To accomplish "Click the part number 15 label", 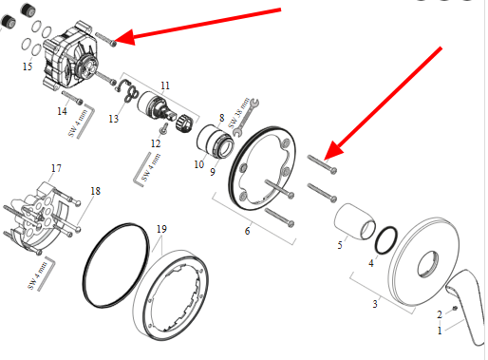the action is tap(28, 66).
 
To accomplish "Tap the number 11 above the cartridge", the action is tap(165, 85).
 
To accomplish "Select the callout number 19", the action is tap(161, 229).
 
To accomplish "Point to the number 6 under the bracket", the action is tap(247, 231).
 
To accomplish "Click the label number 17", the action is tap(56, 168).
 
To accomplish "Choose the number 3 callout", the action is tap(375, 304).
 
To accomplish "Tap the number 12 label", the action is tap(156, 143).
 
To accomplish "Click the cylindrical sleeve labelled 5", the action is tap(354, 221).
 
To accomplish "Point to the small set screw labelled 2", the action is tap(455, 308).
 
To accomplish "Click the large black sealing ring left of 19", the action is tap(116, 265).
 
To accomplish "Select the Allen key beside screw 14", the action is tap(85, 121).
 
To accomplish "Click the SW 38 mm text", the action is tap(239, 113).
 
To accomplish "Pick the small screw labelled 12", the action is tap(164, 129).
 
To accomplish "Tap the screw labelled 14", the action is tap(72, 98).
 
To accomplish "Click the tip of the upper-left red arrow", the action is tap(116, 42).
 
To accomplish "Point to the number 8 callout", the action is tap(221, 118).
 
